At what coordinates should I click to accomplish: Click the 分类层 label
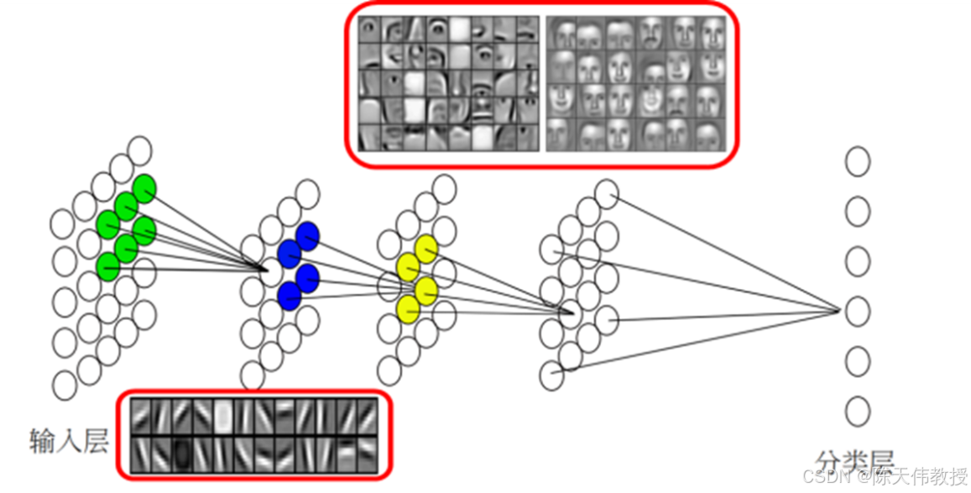(x=854, y=460)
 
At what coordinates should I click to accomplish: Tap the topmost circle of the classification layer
(x=857, y=161)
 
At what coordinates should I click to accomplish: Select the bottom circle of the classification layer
(x=857, y=411)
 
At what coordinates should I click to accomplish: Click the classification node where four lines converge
(x=857, y=312)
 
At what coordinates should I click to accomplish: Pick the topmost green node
(x=144, y=188)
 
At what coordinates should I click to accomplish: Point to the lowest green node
(x=107, y=267)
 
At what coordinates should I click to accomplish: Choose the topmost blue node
(x=308, y=235)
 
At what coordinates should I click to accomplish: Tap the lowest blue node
(x=289, y=295)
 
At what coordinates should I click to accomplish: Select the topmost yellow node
(x=426, y=249)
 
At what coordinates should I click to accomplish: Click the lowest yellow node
(x=408, y=308)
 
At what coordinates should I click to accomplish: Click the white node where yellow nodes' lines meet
(x=570, y=315)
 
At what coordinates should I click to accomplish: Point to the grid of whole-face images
(x=636, y=84)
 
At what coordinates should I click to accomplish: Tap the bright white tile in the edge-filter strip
(x=222, y=415)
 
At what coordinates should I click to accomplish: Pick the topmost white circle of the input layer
(x=140, y=150)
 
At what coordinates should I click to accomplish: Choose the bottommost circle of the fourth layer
(x=551, y=375)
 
